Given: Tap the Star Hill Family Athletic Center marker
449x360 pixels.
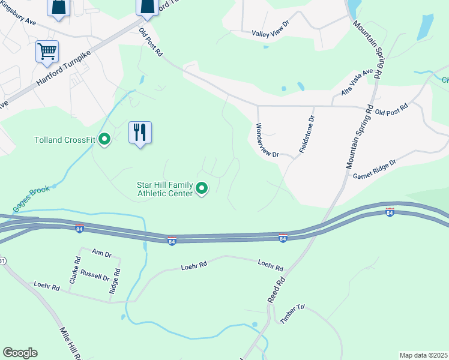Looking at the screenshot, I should tap(202, 190).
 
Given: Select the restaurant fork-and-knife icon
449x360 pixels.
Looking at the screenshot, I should tap(140, 132).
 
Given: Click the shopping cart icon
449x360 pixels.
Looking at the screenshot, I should tap(47, 51).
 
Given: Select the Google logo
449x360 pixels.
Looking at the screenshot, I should tap(20, 353).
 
